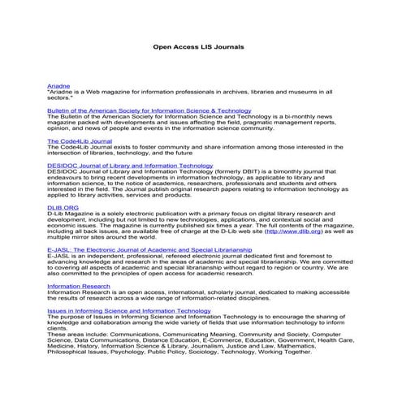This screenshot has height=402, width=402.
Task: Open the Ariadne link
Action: (x=58, y=85)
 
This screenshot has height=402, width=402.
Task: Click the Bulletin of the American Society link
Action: (x=149, y=110)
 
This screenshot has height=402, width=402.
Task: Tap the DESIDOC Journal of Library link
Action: (x=130, y=166)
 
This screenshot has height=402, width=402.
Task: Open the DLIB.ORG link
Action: (x=63, y=208)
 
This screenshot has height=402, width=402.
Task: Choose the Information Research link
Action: (x=80, y=287)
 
